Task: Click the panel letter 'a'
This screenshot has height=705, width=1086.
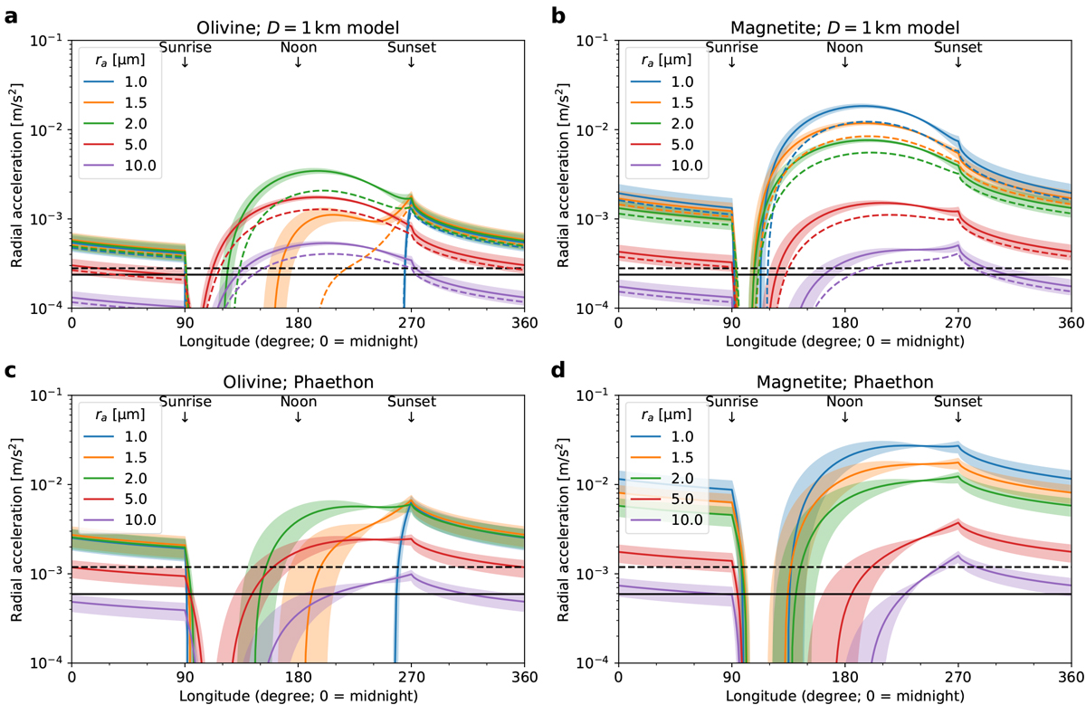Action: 12,15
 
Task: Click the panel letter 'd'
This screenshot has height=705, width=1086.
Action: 559,370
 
